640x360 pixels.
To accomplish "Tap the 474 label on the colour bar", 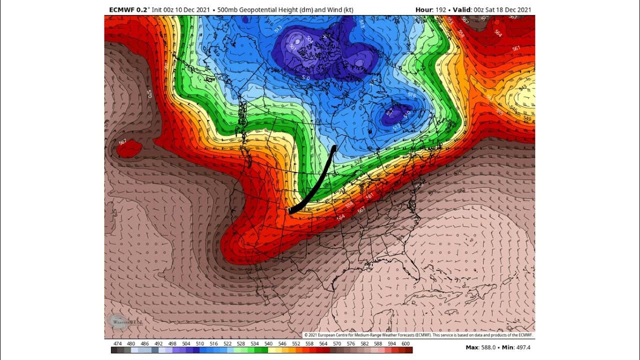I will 117,344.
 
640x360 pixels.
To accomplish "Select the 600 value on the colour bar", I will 405,344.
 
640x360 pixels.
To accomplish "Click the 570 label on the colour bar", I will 337,344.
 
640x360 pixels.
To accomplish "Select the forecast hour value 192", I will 440,9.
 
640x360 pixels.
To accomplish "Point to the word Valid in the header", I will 461,9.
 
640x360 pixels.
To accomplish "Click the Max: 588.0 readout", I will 479,347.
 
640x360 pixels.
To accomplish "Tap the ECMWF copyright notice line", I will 418,335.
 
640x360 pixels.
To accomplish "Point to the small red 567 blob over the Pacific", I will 128,148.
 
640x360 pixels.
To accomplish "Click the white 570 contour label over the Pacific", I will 149,93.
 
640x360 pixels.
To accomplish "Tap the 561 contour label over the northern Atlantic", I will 516,48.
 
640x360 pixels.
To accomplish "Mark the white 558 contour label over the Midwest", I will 349,204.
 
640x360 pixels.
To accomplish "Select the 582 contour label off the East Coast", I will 460,190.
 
